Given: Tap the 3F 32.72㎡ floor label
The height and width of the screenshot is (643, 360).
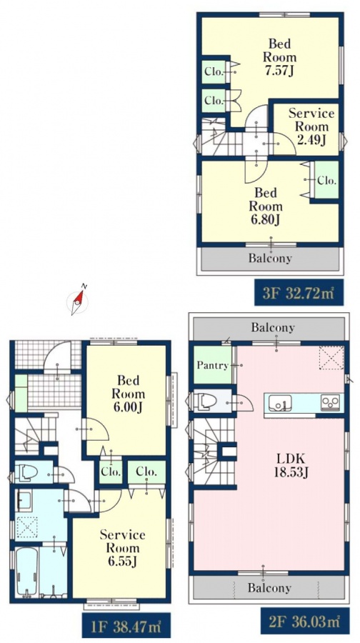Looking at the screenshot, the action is (298, 292).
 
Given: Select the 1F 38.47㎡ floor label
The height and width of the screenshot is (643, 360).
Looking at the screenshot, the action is (126, 625).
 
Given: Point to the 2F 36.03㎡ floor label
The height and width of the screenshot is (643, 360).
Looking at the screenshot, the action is (306, 622).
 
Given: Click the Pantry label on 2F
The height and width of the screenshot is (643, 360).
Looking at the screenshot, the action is (212, 365).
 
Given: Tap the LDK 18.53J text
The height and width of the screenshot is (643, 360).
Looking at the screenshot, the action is (291, 466).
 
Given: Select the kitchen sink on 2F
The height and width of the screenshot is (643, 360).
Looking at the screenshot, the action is (280, 403).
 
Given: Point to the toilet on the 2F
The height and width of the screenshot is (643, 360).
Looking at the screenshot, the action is (204, 401).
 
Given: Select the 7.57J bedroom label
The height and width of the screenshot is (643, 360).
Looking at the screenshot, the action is (279, 56).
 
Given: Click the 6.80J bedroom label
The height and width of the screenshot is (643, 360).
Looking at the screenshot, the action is (265, 206).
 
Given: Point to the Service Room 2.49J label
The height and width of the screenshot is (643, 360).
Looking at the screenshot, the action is (311, 126).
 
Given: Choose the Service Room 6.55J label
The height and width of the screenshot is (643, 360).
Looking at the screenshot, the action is (122, 547).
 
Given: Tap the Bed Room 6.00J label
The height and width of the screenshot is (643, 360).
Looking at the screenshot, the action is (129, 394).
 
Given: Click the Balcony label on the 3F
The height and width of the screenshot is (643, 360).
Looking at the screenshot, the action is (270, 259).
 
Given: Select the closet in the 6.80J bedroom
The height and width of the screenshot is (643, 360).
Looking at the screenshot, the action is (327, 180).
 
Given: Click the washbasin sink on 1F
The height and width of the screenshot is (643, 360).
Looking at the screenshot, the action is (24, 501).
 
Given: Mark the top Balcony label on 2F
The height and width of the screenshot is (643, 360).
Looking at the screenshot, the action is (273, 327).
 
